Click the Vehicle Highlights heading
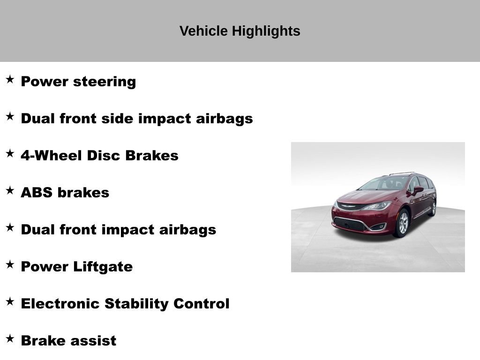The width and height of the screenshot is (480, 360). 240,31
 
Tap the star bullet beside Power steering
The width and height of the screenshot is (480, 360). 10,80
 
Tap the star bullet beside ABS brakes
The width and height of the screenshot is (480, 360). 10,191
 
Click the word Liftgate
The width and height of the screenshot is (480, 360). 103,267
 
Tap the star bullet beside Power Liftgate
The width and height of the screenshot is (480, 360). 10,265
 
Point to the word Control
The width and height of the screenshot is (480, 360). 201,304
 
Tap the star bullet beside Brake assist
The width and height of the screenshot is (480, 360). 10,339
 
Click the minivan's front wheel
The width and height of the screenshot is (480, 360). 402,223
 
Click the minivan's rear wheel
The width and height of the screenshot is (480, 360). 432,208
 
